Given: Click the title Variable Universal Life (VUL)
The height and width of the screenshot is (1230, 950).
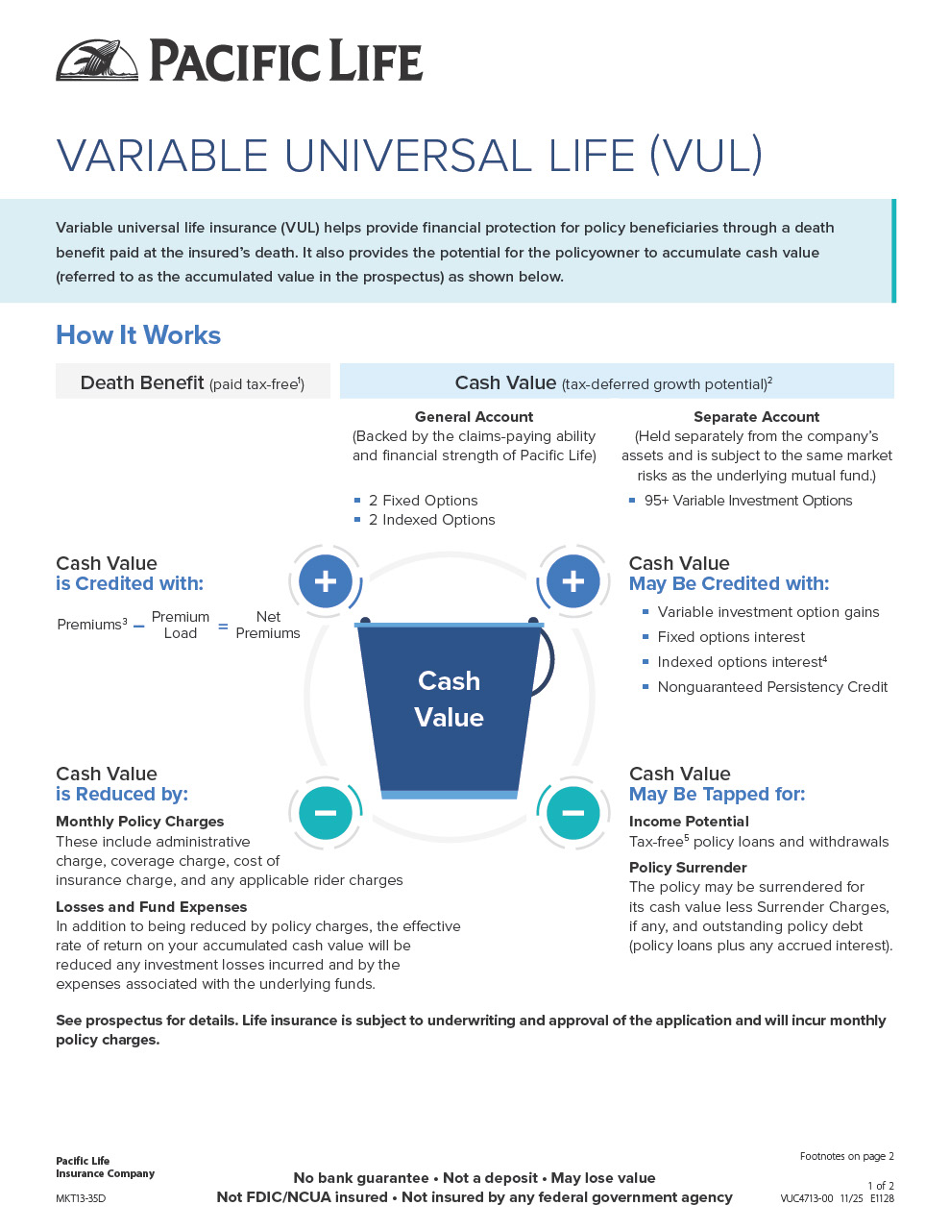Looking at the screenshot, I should point(409,156).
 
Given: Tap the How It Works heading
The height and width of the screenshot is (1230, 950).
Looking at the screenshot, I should point(138,335).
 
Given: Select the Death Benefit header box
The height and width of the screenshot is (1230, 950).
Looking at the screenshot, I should point(192,382).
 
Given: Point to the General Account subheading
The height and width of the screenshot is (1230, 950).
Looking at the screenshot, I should point(474,417).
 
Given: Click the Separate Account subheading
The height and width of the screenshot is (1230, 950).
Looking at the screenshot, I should point(756,417).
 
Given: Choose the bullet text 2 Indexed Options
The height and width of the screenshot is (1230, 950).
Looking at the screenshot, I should point(431,520).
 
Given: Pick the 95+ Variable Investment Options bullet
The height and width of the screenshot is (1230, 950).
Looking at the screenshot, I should point(747,501).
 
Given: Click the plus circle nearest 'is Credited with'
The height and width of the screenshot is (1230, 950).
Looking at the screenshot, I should point(326,581).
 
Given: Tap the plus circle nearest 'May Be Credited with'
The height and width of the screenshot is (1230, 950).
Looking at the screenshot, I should point(573,581).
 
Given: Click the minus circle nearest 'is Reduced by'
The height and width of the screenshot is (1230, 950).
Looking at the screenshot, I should point(326,813).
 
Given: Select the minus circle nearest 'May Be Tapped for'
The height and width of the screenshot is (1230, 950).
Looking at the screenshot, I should point(573,813).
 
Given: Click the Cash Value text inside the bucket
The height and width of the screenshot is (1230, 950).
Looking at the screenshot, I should point(449,699).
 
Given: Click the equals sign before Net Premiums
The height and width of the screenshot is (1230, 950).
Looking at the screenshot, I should point(223,627).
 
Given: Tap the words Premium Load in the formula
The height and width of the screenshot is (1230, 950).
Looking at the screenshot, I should point(180,625).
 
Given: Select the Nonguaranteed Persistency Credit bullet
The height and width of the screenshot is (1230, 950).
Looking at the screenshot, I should point(772,687).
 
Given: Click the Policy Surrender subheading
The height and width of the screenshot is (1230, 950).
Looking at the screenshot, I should point(688,868).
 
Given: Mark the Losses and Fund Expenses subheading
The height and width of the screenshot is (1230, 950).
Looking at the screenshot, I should point(151,907).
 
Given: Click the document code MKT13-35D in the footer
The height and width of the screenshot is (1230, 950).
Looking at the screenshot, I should point(81,1198).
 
